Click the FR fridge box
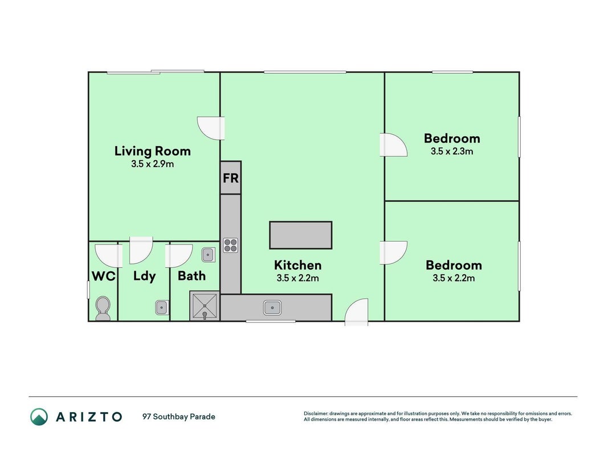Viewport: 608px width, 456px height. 231,178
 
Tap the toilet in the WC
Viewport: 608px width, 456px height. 103,308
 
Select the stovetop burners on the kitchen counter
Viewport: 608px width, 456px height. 230,246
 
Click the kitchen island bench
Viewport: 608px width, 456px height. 300,235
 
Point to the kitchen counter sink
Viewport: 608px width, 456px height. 272,308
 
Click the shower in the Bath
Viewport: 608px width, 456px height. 205,306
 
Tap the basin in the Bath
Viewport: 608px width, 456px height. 208,255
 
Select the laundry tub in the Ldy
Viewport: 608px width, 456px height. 162,307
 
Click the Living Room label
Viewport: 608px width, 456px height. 152,151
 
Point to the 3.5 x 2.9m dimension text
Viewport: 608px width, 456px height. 152,164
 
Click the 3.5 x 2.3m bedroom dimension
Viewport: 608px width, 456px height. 452,151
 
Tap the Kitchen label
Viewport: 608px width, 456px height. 298,265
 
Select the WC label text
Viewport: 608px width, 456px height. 104,276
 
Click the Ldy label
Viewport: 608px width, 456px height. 144,276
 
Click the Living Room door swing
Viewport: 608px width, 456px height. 211,128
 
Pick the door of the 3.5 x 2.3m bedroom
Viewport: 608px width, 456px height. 393,145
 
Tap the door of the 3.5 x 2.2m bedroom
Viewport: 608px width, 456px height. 393,253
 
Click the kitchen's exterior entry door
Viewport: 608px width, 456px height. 356,312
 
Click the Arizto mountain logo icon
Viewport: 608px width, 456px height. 39,417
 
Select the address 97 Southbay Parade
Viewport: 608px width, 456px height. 179,417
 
